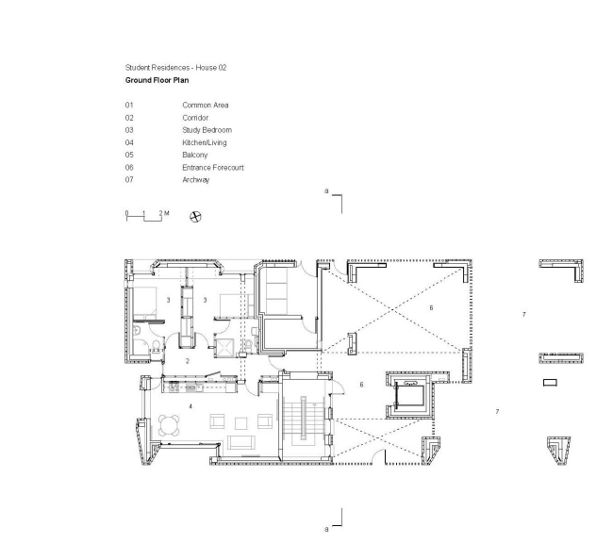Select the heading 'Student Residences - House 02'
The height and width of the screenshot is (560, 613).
(x=175, y=68)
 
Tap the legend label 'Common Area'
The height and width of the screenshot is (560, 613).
(x=206, y=105)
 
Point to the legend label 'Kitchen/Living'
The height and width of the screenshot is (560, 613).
(x=205, y=142)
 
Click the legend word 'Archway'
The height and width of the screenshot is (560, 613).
(x=196, y=179)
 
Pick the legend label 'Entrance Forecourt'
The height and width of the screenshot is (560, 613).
(x=213, y=167)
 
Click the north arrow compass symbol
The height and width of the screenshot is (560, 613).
(x=195, y=216)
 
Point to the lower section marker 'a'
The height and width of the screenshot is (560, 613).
(x=326, y=529)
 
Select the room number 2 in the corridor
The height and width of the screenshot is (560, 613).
(x=187, y=361)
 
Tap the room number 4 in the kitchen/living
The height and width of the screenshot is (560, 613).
(x=190, y=405)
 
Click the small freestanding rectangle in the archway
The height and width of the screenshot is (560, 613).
(x=550, y=383)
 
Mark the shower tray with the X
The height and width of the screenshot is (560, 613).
(x=227, y=346)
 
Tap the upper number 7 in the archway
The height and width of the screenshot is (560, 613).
(x=523, y=313)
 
